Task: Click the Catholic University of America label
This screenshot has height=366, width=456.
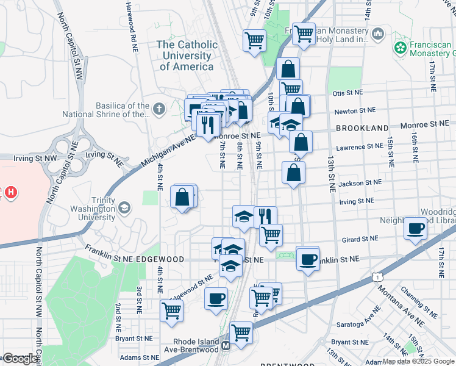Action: [x=187, y=56]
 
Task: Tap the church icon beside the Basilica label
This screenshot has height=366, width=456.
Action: [x=159, y=109]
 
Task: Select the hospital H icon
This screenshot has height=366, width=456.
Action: [x=10, y=193]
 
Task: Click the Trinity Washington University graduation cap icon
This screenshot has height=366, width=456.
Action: [x=124, y=207]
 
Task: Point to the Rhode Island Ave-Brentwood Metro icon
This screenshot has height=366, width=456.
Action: [x=226, y=346]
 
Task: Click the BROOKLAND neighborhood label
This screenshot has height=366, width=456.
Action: [x=362, y=128]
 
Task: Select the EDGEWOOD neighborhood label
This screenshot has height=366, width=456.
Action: [x=160, y=259]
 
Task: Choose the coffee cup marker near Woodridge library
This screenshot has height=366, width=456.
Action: [x=416, y=229]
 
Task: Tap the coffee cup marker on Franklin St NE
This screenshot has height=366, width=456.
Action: [x=308, y=259]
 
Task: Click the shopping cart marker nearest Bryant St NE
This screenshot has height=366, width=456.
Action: [x=172, y=310]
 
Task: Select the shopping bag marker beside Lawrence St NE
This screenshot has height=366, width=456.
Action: [x=301, y=143]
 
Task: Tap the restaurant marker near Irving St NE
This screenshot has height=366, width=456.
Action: [x=265, y=216]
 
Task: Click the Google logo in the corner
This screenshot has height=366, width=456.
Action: [x=20, y=358]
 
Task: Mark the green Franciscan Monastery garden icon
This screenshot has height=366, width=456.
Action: [x=401, y=47]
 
